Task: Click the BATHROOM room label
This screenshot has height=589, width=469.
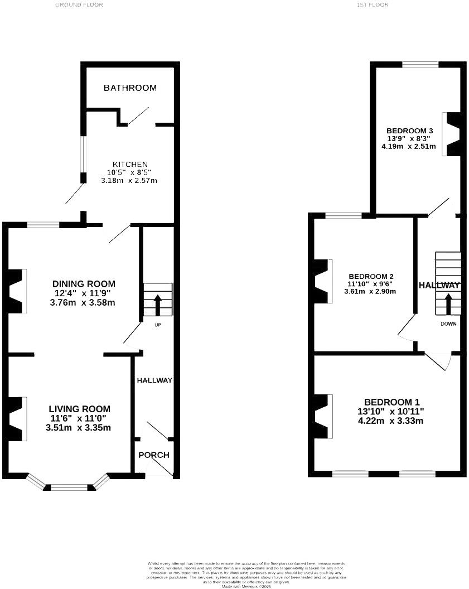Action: point(130,88)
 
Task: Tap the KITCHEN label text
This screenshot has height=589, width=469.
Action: point(129,164)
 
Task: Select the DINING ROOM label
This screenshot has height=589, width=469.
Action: point(84,283)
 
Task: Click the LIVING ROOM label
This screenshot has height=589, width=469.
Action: point(79,409)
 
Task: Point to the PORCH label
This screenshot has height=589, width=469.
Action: point(154,455)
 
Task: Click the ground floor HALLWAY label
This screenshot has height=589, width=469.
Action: point(154,380)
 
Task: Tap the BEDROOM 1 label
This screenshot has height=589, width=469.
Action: point(391,402)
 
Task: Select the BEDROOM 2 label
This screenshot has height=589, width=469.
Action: point(371,276)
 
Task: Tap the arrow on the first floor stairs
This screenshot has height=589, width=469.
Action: point(448,305)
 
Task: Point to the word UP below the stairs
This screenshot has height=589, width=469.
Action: point(157,325)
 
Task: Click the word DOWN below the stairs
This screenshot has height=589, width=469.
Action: point(448,324)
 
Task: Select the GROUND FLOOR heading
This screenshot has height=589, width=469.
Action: point(79,4)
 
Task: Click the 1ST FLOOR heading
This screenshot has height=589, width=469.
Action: point(372,4)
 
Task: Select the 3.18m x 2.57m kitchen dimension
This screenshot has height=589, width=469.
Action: point(129,181)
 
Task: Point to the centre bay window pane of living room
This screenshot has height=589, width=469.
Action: point(70,487)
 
